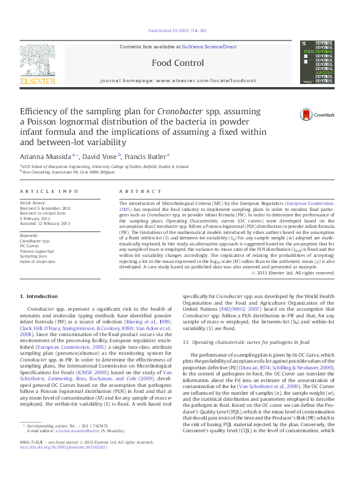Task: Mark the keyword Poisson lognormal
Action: (38, 250)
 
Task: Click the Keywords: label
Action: (30, 236)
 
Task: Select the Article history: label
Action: (33, 203)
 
